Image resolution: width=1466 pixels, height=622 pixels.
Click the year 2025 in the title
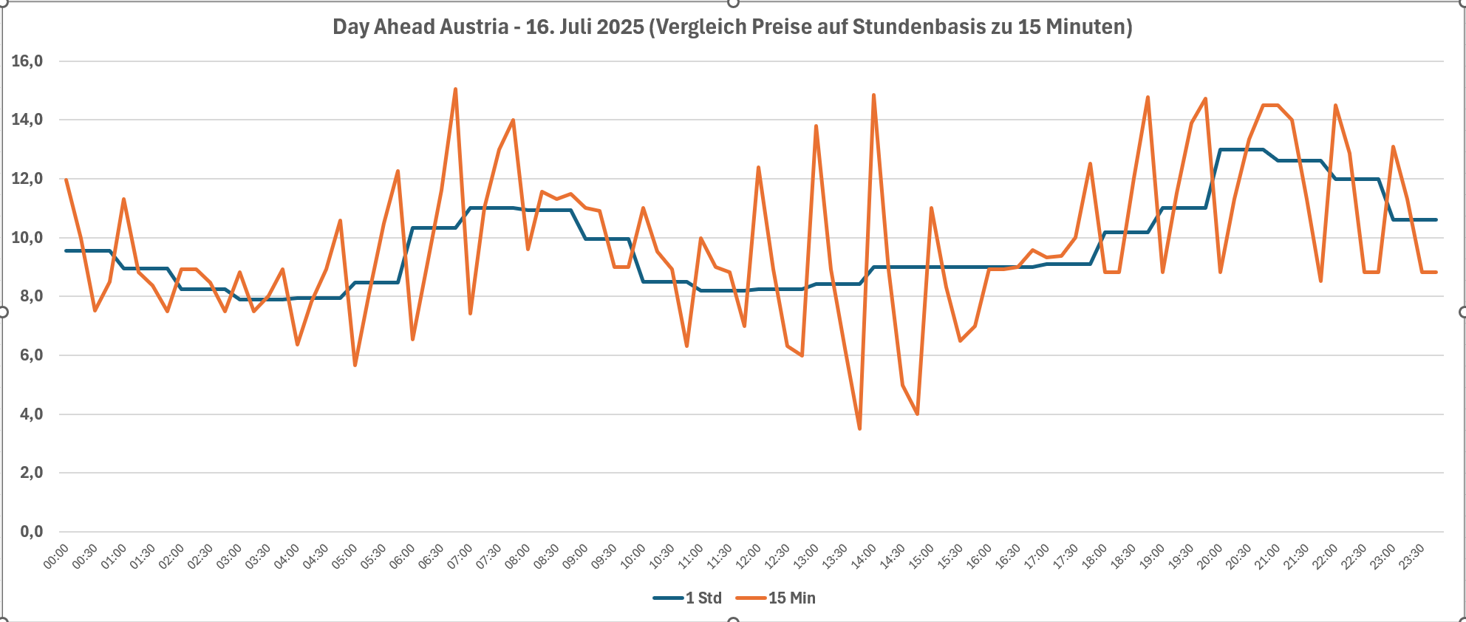(x=621, y=27)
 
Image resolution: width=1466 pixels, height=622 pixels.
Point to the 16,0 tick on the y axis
(x=27, y=61)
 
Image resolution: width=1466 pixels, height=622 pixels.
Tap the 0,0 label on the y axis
(x=31, y=531)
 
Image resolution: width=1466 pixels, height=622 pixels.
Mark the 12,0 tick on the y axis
(x=27, y=179)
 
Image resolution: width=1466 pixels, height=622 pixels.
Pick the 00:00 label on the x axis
(x=57, y=556)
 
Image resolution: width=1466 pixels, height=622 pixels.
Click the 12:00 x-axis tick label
(x=749, y=556)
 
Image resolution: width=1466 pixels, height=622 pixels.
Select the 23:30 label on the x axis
(x=1413, y=556)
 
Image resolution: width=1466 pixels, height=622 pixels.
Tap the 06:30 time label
(x=432, y=556)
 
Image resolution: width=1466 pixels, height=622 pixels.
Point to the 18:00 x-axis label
(x=1095, y=556)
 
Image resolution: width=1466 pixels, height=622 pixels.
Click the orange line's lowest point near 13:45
(x=859, y=428)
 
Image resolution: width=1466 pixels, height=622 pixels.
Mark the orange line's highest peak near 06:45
(x=455, y=89)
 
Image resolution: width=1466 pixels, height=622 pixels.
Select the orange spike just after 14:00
(x=874, y=95)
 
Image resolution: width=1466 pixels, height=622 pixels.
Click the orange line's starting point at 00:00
(x=67, y=180)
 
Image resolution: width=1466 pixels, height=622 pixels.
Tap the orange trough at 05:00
(x=355, y=365)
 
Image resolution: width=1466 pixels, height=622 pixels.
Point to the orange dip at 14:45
(x=917, y=414)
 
